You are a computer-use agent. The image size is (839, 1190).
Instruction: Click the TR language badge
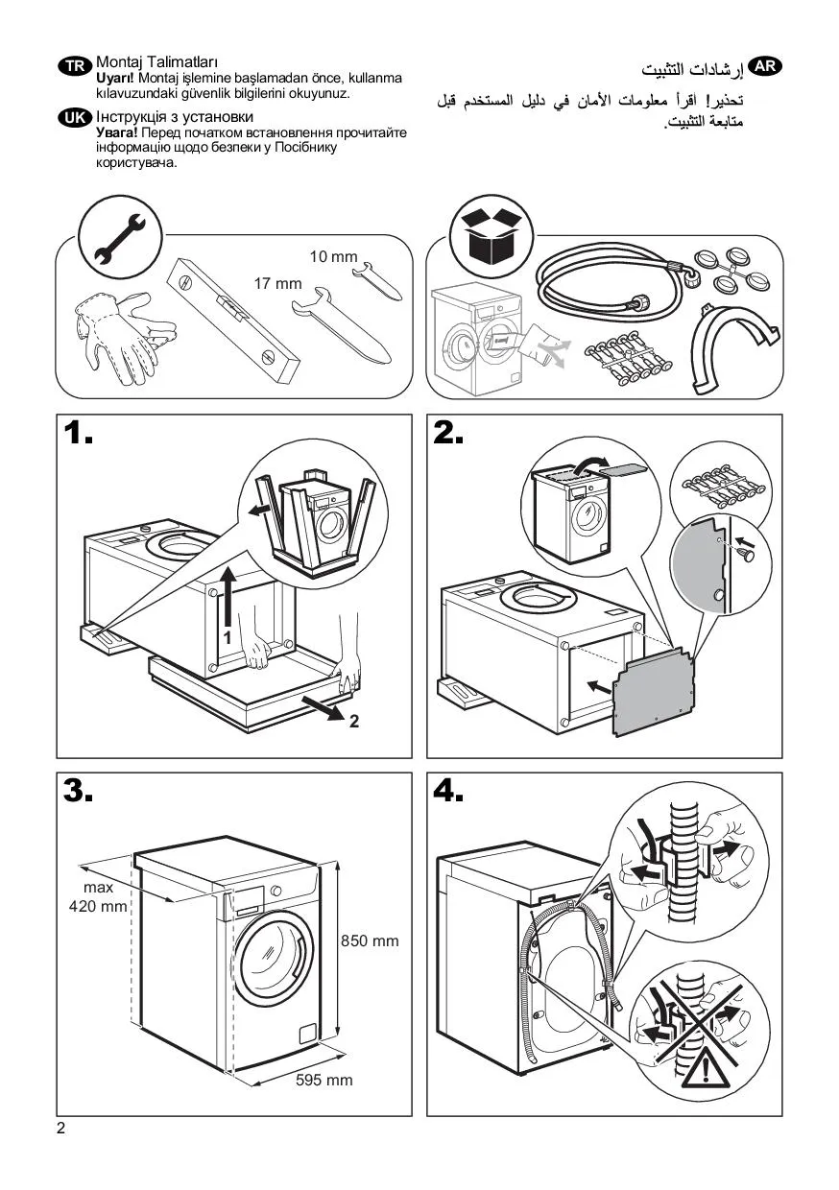pos(75,65)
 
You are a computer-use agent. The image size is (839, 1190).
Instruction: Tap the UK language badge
pos(75,118)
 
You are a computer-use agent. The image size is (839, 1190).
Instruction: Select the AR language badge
pos(764,66)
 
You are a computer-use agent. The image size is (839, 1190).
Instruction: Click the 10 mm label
pos(332,256)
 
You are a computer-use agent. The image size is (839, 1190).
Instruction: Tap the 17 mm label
pos(277,283)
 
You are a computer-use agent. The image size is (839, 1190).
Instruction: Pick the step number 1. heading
pos(79,435)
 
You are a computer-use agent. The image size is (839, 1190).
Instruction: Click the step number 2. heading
pos(449,435)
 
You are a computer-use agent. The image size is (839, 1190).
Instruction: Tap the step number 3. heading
pos(79,792)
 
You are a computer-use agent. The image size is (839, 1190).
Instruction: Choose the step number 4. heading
pos(449,792)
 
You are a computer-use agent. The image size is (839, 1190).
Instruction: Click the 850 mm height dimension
pos(370,941)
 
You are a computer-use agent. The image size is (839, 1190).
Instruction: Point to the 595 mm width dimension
pos(324,1081)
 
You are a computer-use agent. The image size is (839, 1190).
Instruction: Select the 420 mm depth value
pos(98,907)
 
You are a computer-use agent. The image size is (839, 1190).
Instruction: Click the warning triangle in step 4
pos(706,1068)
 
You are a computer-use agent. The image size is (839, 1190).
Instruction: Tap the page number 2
pos(61,1129)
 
